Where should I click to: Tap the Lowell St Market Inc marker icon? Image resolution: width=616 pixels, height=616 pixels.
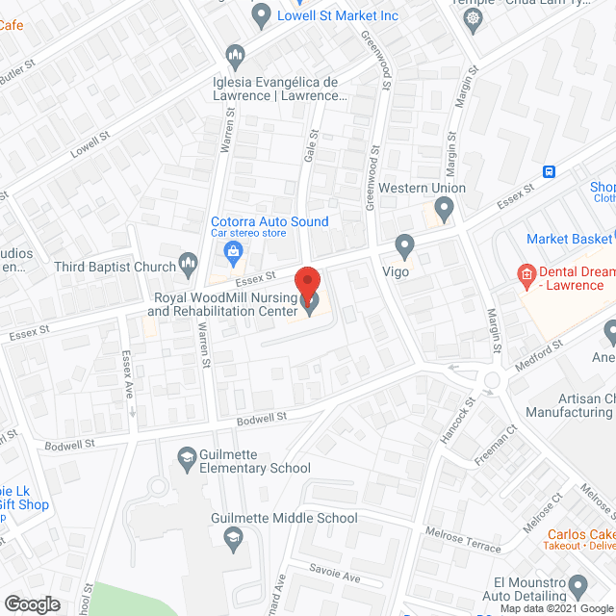[261, 16]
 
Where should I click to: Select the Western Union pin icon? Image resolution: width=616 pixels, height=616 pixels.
[444, 208]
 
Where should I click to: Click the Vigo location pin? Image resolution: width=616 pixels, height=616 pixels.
[405, 248]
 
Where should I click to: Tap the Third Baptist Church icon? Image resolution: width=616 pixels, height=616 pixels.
[189, 266]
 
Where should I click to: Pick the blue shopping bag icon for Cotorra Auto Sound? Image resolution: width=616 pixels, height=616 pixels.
[232, 253]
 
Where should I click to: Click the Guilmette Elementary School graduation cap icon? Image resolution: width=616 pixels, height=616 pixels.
[187, 455]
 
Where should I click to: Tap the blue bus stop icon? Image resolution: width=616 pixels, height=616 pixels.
[549, 171]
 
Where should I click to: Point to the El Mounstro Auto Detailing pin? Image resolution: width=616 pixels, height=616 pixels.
[577, 585]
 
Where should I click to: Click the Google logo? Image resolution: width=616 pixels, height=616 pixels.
[31, 603]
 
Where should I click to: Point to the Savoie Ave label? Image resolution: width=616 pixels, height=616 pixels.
[333, 575]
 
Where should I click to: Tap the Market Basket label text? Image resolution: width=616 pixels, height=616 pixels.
[569, 238]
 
